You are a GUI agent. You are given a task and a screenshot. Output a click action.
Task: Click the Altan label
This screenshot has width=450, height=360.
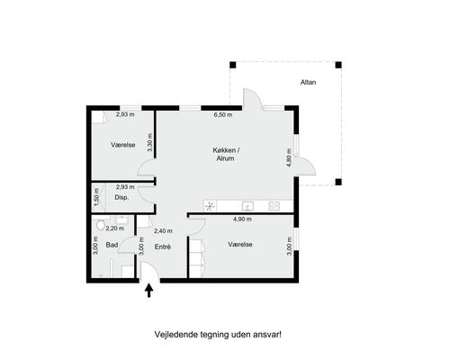[x=308, y=82]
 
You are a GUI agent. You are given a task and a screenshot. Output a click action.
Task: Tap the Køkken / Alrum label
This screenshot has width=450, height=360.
[x=226, y=154]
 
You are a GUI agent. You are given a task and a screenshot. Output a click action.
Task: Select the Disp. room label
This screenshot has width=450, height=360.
[x=121, y=198]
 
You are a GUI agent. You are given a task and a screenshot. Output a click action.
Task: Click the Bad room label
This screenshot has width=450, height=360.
[x=112, y=245]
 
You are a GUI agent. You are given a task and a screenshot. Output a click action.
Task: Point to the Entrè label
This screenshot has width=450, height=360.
[x=163, y=247]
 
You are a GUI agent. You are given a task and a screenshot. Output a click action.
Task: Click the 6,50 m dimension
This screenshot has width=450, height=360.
[x=223, y=114]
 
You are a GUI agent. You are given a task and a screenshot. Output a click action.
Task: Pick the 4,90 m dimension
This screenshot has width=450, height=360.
[x=242, y=220]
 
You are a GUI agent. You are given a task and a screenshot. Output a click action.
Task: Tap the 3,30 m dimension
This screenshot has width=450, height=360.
[x=150, y=142]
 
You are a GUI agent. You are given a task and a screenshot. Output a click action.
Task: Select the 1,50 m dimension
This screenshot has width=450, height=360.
[x=96, y=197]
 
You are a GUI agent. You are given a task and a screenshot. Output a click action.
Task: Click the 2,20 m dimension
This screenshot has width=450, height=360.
[x=115, y=229]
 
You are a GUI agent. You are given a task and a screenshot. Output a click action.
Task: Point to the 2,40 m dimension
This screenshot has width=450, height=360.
[x=163, y=231]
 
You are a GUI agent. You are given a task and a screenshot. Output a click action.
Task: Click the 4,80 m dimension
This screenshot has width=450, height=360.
[x=289, y=157]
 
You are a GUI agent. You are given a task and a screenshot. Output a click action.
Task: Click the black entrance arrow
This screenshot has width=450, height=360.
[x=149, y=291]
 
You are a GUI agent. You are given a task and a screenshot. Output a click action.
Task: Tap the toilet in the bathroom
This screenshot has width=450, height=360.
[x=100, y=223]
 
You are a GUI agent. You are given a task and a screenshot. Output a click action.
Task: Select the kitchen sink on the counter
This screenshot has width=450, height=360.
[x=247, y=206]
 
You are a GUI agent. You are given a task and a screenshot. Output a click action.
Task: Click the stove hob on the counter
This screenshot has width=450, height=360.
[x=274, y=206]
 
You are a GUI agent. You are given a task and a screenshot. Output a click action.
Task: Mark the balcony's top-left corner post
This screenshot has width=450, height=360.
[x=233, y=65]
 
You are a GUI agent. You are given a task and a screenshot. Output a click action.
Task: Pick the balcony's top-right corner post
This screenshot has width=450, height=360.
[x=338, y=65]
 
